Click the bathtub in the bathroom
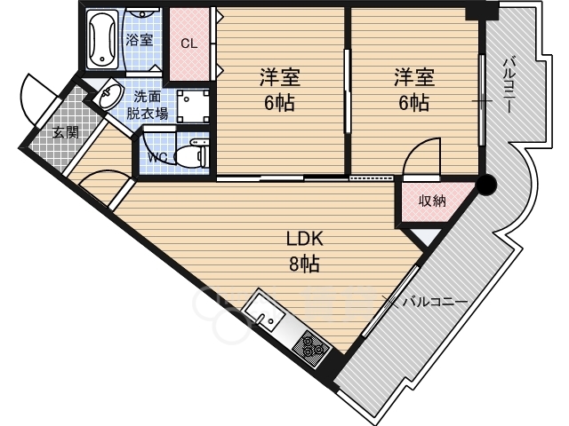[x=103, y=39]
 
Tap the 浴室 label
[x=139, y=40]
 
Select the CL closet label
[x=189, y=43]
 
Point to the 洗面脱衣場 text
[x=148, y=106]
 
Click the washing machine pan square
[x=193, y=106]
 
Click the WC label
[x=158, y=157]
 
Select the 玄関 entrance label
[x=65, y=133]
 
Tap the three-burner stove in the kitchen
[x=312, y=347]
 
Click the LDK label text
[x=304, y=239]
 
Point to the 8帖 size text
[x=304, y=264]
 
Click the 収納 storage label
[x=432, y=201]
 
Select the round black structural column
[x=486, y=185]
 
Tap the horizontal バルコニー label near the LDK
[x=435, y=302]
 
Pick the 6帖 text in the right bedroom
[x=414, y=103]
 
